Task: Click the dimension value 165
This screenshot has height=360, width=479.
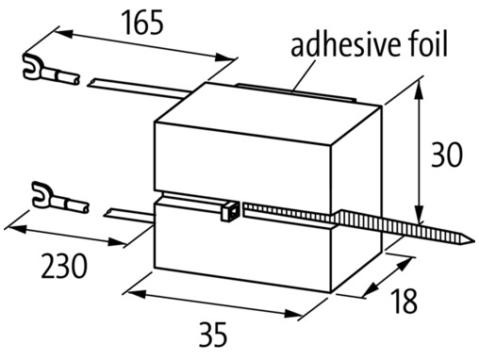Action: click(x=143, y=22)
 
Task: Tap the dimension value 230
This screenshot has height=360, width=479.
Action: click(x=64, y=267)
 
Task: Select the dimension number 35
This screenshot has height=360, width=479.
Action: click(x=213, y=334)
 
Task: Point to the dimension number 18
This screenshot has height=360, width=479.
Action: click(x=405, y=301)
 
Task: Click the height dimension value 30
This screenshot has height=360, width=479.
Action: click(x=446, y=155)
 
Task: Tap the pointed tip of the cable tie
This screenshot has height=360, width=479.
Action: click(x=473, y=241)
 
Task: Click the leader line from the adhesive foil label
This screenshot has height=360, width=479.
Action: click(x=305, y=76)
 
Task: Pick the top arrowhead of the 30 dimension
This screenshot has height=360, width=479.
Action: click(x=419, y=90)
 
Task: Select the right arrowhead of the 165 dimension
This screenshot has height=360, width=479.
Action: click(x=223, y=57)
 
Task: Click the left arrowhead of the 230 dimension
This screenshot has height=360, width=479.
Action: click(x=16, y=229)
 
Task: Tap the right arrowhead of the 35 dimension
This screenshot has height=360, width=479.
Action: click(x=293, y=313)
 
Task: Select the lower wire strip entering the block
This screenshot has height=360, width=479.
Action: click(x=129, y=216)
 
